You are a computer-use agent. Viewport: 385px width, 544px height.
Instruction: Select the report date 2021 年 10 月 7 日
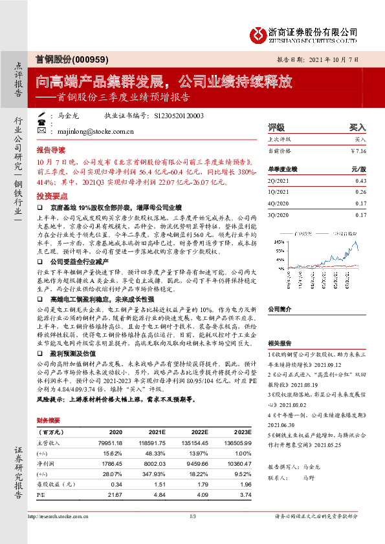[x=335, y=59]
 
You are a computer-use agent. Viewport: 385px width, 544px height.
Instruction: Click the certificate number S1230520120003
[x=179, y=116]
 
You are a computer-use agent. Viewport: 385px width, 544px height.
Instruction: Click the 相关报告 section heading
[x=279, y=344]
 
